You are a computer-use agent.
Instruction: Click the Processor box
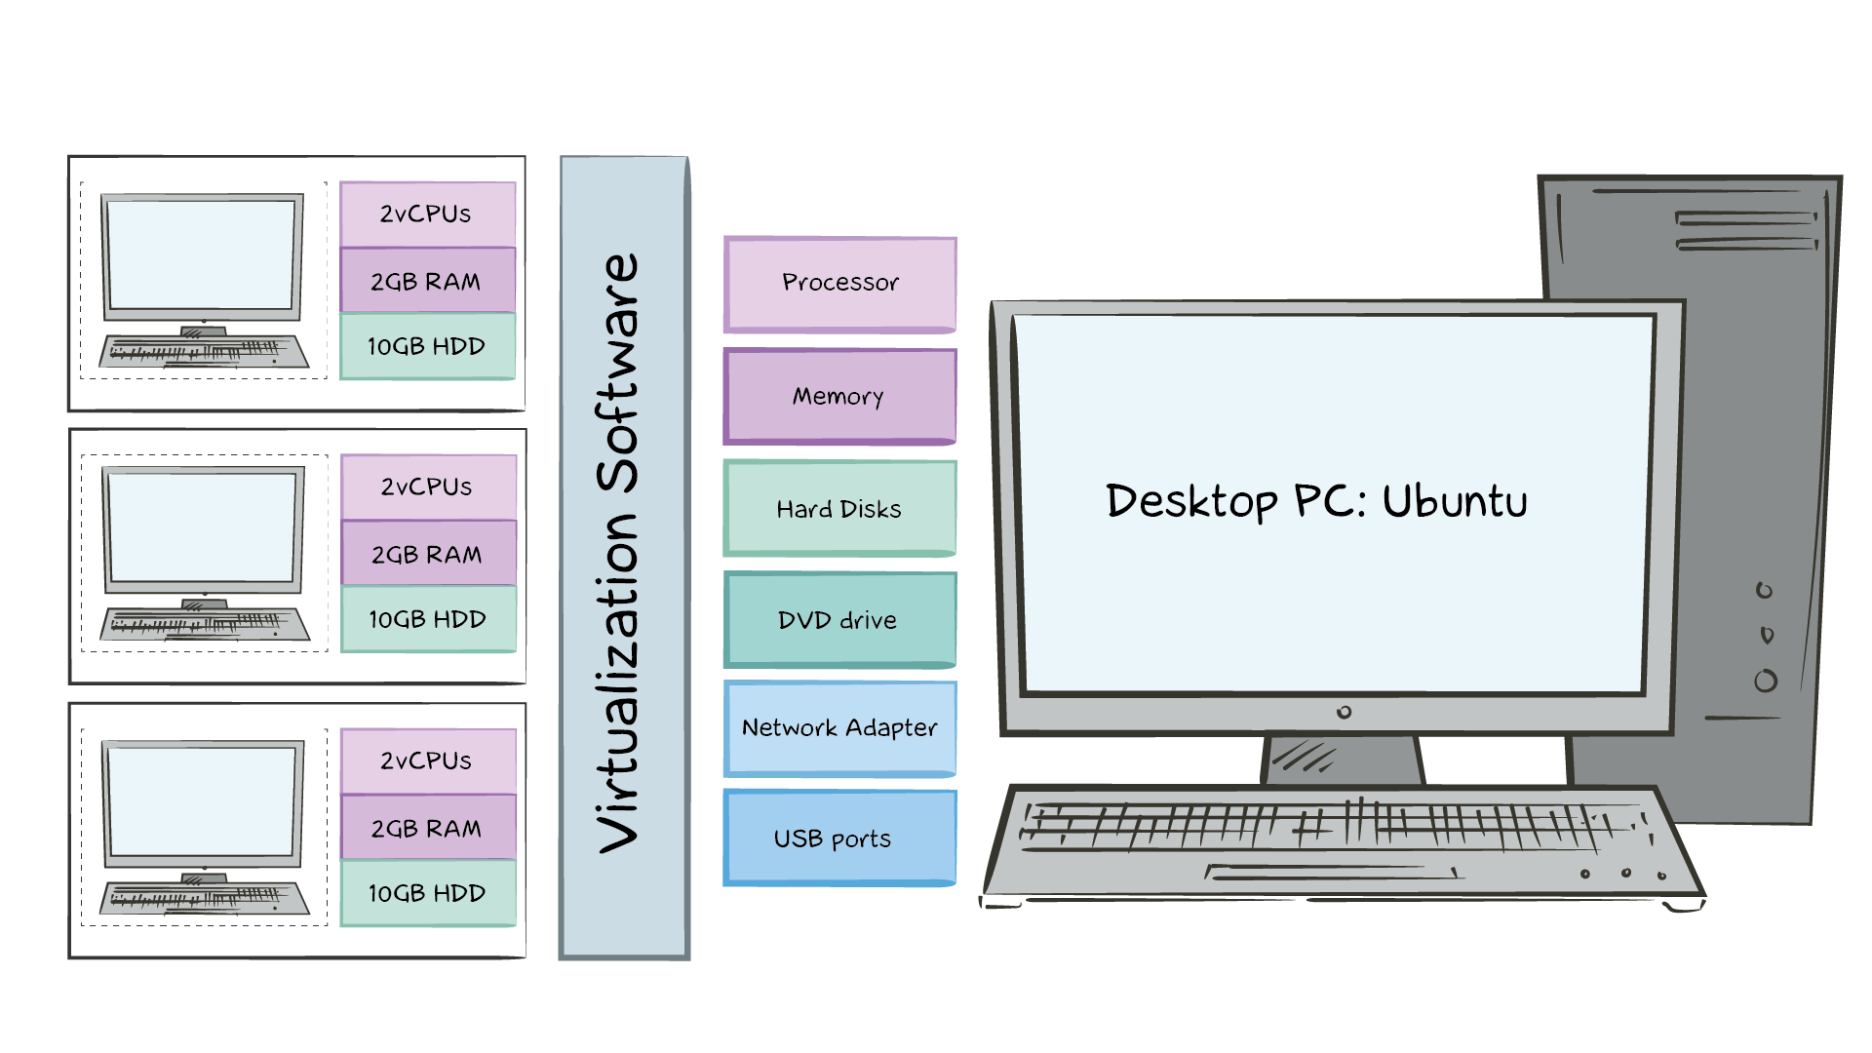pos(839,284)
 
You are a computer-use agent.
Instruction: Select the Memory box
pos(839,396)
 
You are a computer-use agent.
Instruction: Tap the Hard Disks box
pos(839,508)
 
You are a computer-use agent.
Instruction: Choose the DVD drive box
pos(839,620)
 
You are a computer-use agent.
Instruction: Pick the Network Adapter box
pos(839,728)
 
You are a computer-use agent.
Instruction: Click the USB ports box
pos(839,838)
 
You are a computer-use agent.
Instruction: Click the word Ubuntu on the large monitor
pos(1454,501)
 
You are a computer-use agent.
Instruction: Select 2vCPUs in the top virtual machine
pos(426,214)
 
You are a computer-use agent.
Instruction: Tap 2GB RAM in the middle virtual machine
pos(427,554)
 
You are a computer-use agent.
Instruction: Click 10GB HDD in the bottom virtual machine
pos(427,893)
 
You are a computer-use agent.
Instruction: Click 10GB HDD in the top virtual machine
pos(426,346)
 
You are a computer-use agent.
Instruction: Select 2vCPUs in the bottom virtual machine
pos(426,760)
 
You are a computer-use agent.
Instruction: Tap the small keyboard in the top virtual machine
pos(205,351)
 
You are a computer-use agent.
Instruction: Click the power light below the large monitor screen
pos(1344,713)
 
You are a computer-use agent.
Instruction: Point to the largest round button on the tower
pos(1766,681)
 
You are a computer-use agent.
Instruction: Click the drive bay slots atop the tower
pos(1745,231)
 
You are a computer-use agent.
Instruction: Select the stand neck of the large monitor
pos(1343,760)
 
